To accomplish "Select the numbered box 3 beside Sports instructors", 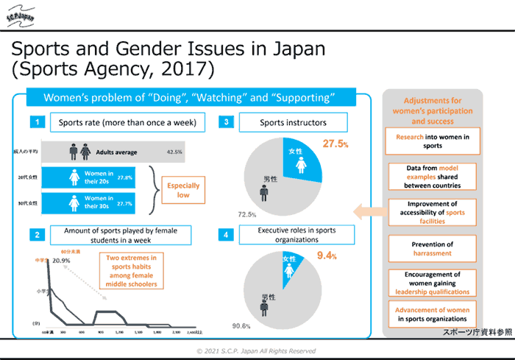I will click(x=228, y=121).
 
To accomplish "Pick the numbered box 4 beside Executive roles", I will click(x=228, y=235).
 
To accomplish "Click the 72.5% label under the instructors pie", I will click(x=246, y=214).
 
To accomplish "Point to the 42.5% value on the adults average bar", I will click(x=175, y=152).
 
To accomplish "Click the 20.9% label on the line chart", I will click(x=61, y=261).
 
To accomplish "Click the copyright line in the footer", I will click(x=256, y=351).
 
